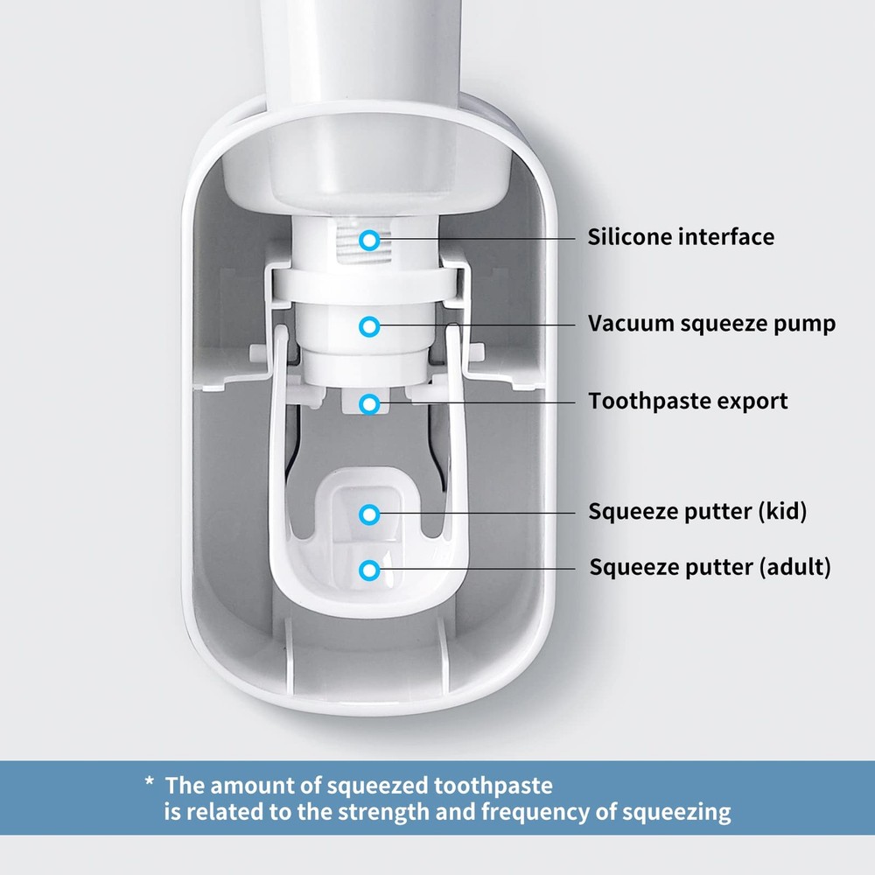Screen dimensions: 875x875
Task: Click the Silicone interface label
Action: coord(681,237)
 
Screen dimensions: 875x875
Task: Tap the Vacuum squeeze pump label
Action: coord(711,325)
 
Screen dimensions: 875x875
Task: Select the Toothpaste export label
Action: coord(688,402)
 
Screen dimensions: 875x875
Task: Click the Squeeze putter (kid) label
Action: coord(697,512)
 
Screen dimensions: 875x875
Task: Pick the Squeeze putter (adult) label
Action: coord(710,567)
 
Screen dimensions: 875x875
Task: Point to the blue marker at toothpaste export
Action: coord(370,403)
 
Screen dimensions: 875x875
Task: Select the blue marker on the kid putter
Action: coord(370,514)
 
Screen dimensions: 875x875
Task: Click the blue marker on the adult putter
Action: coord(370,570)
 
